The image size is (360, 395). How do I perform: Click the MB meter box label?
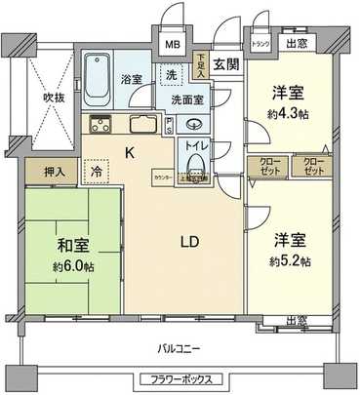pos(172,45)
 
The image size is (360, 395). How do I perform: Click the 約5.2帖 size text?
pos(290,260)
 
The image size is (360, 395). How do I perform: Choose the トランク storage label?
pos(260,42)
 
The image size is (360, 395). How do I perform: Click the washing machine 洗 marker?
pos(172,75)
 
